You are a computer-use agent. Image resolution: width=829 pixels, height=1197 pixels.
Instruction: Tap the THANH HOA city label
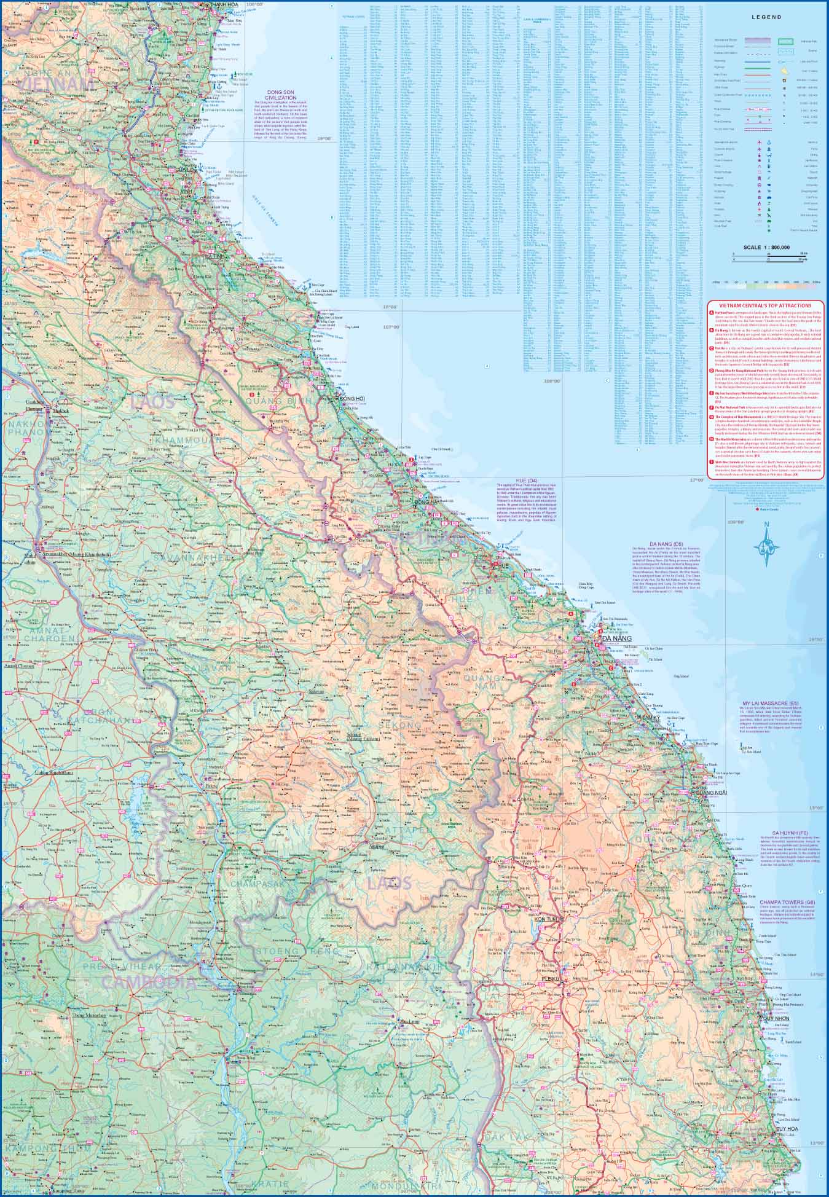(224, 5)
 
